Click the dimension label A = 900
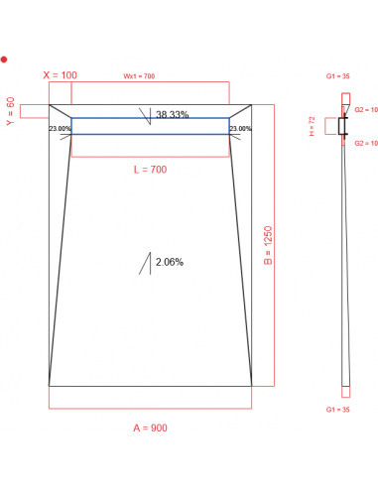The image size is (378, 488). tap(150, 428)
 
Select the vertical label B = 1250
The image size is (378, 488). tap(267, 243)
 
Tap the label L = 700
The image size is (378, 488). tap(150, 171)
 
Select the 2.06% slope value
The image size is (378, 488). tap(168, 262)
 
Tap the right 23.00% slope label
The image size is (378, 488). tap(240, 129)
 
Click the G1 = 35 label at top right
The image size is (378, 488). tap(339, 75)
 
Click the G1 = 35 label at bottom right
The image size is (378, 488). tap(339, 409)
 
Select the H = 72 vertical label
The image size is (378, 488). tap(313, 126)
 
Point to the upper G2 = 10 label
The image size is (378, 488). tap(366, 110)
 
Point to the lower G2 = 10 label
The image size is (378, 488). tap(366, 143)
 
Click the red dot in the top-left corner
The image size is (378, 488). tap(4, 60)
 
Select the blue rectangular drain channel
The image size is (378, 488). tap(150, 126)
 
